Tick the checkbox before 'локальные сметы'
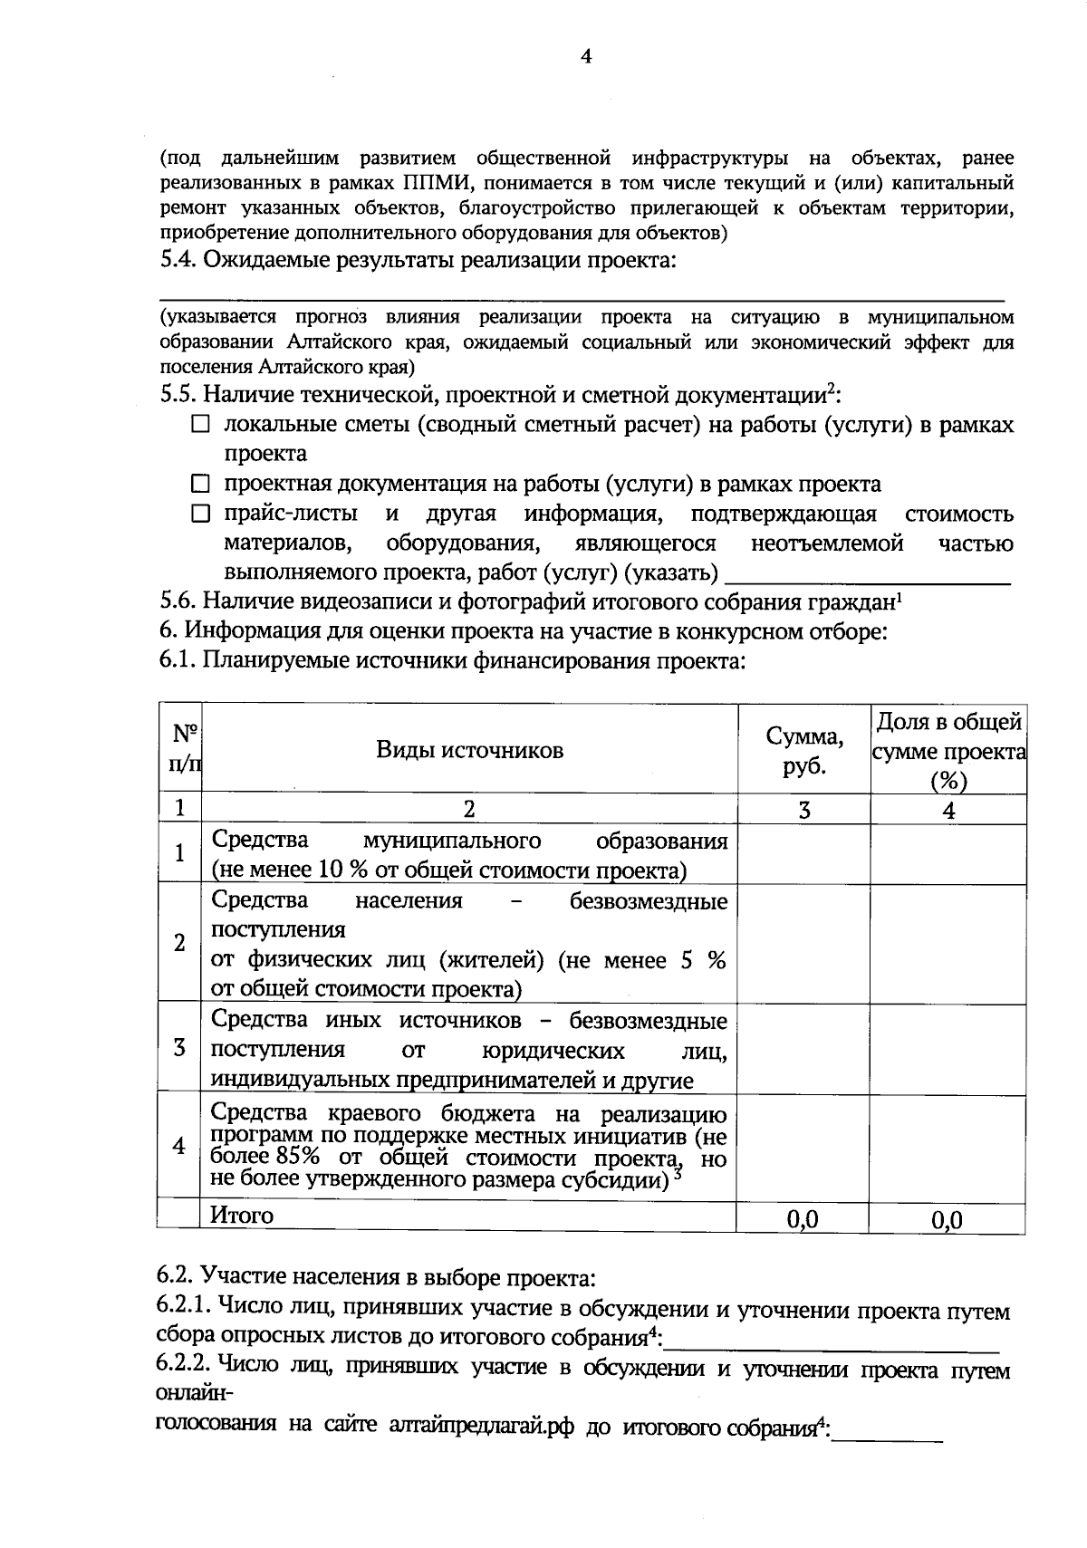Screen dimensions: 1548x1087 click(200, 424)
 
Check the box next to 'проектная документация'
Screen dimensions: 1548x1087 click(200, 485)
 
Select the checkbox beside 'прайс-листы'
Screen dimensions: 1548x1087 click(200, 514)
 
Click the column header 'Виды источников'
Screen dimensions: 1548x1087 click(469, 750)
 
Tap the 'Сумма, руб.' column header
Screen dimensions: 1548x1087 click(803, 750)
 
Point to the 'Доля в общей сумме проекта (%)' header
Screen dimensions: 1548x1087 click(948, 750)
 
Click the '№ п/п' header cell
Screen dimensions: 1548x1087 click(179, 750)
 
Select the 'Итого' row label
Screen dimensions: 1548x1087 click(242, 1215)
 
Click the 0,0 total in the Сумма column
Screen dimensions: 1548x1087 click(803, 1219)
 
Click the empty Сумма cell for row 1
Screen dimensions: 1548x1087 click(803, 854)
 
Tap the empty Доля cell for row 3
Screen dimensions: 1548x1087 click(948, 1047)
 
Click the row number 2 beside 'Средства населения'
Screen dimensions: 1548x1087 click(179, 943)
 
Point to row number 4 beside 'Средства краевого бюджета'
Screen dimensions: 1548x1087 click(179, 1147)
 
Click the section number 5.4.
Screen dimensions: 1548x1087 click(178, 261)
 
